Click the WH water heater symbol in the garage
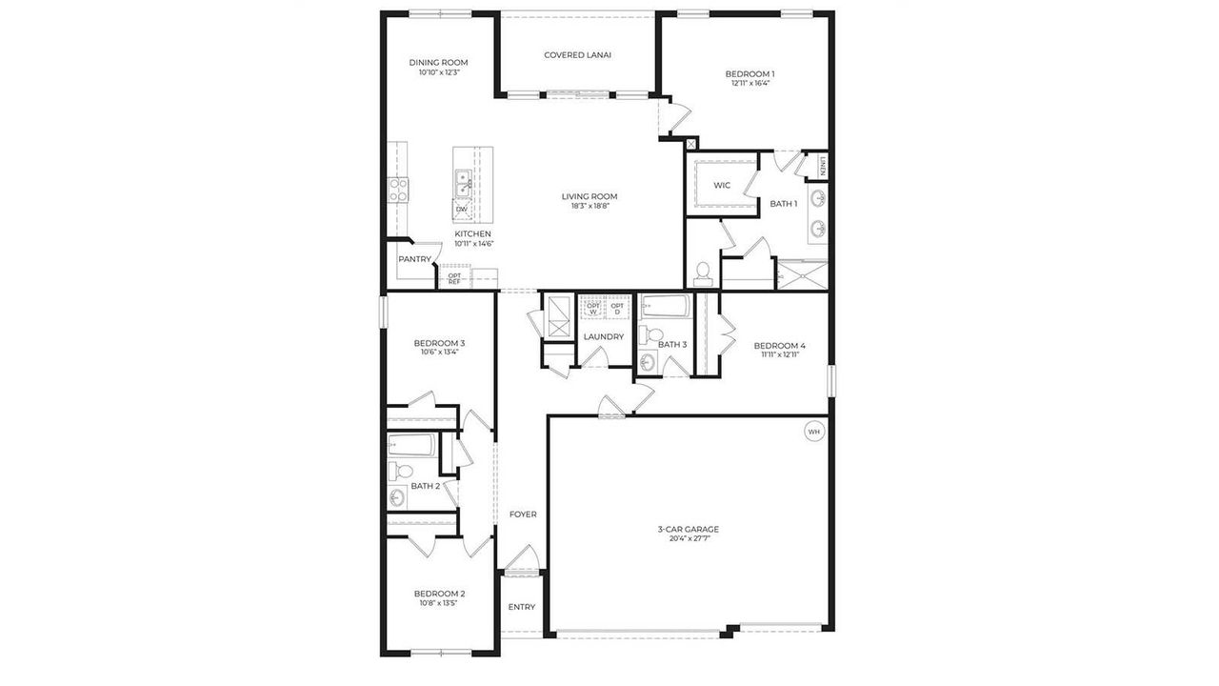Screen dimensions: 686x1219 [813, 432]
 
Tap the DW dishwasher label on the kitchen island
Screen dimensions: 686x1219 [462, 209]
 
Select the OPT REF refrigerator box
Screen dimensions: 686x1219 [454, 278]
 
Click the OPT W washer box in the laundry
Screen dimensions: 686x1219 [593, 308]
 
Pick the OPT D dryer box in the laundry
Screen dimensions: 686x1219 [617, 308]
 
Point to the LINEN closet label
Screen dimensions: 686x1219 [822, 166]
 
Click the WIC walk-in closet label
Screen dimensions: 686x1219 [722, 185]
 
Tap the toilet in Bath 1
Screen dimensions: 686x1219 [704, 273]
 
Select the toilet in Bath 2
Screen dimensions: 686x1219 [402, 471]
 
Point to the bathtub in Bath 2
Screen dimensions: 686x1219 [412, 445]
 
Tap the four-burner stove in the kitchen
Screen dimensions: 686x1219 [398, 190]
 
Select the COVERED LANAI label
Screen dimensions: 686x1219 [577, 55]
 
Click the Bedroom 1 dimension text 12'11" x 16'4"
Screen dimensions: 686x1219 [749, 83]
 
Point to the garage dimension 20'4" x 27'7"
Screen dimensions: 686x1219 [688, 538]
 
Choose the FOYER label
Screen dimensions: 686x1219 [522, 514]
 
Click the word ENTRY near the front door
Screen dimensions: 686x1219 [521, 607]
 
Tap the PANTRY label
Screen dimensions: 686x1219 [414, 259]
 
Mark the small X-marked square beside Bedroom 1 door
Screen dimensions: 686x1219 [690, 144]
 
